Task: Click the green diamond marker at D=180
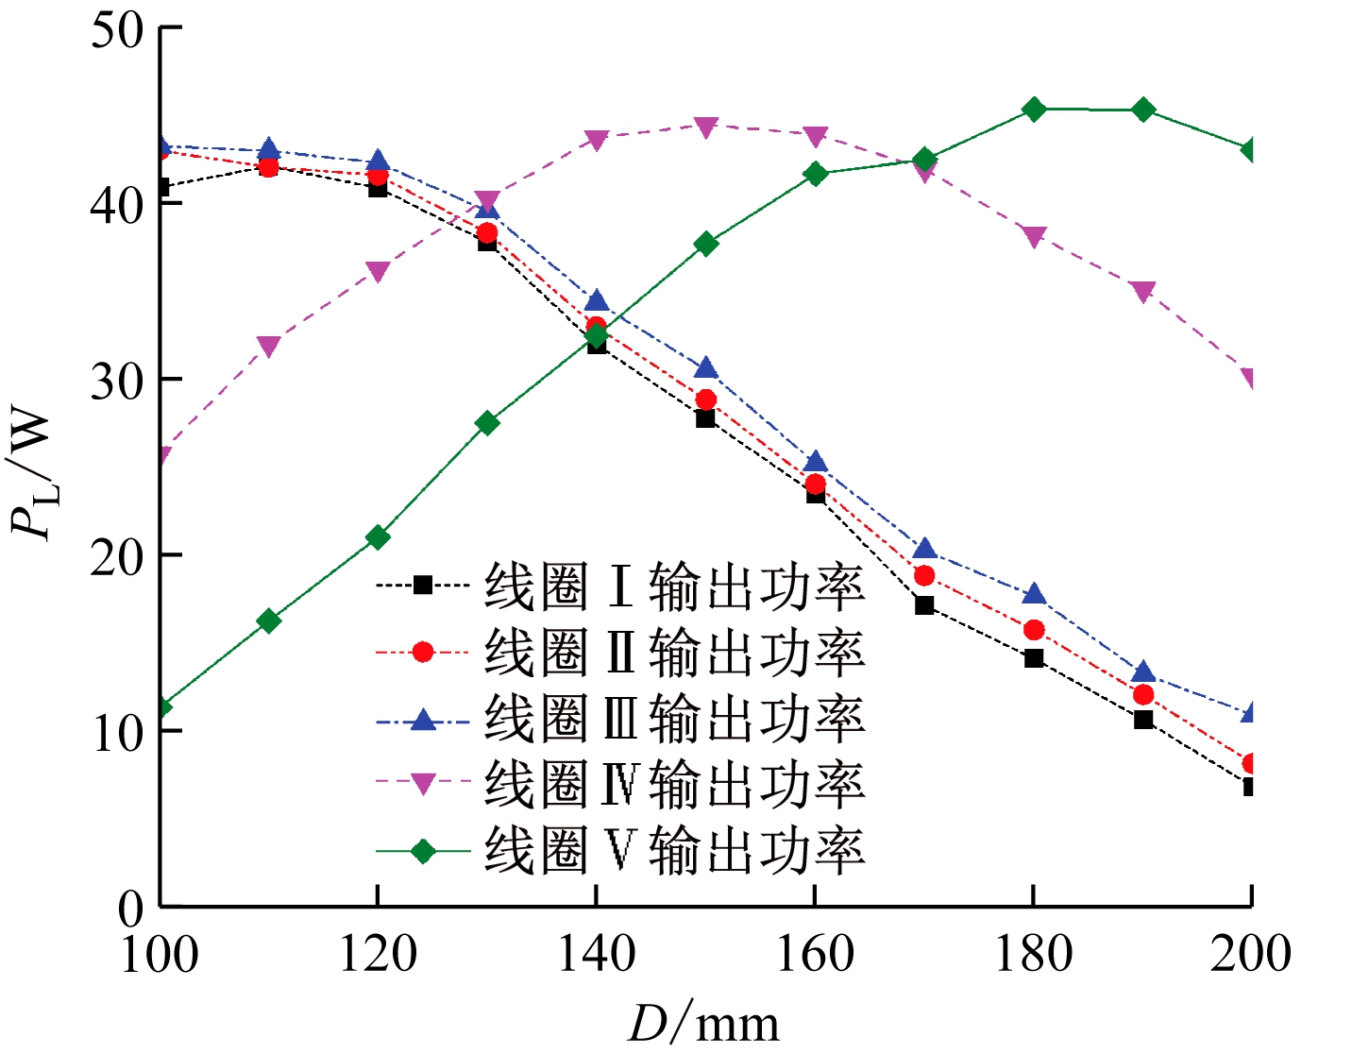pyautogui.click(x=1034, y=110)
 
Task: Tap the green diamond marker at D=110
pyautogui.click(x=269, y=620)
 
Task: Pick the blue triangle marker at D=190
pyautogui.click(x=1143, y=672)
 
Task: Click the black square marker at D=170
pyautogui.click(x=924, y=605)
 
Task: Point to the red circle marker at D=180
pyautogui.click(x=1034, y=630)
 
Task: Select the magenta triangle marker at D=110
pyautogui.click(x=269, y=347)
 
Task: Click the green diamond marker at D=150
pyautogui.click(x=706, y=244)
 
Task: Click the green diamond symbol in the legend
pyautogui.click(x=423, y=851)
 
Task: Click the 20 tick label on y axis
pyautogui.click(x=117, y=555)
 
